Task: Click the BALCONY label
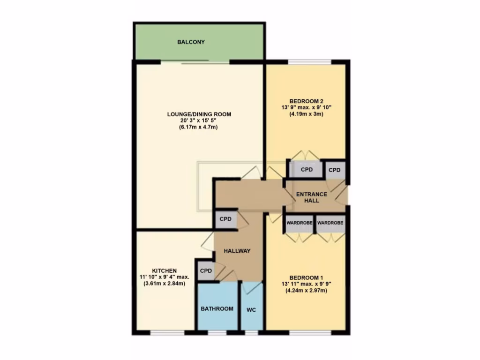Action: [x=191, y=42]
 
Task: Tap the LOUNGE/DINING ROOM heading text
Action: [x=199, y=114]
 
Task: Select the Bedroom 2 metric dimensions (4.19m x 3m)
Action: [x=307, y=114]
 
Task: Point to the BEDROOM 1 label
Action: [x=306, y=277]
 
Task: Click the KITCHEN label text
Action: [x=164, y=270]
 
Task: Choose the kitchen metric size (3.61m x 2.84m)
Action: [x=164, y=284]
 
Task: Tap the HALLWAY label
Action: [x=237, y=251]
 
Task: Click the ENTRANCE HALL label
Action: [x=311, y=197]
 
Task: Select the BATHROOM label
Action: [x=217, y=308]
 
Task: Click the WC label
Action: [x=251, y=309]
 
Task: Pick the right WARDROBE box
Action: [x=330, y=224]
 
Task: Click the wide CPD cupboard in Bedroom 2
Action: [x=307, y=170]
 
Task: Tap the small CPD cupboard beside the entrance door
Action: [x=334, y=170]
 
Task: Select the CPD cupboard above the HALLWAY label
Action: [x=226, y=219]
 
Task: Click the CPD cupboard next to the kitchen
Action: [x=206, y=271]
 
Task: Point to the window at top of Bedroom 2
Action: [x=309, y=62]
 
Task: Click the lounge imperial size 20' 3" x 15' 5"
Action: [x=199, y=121]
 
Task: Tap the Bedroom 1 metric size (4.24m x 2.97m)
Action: [x=306, y=291]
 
